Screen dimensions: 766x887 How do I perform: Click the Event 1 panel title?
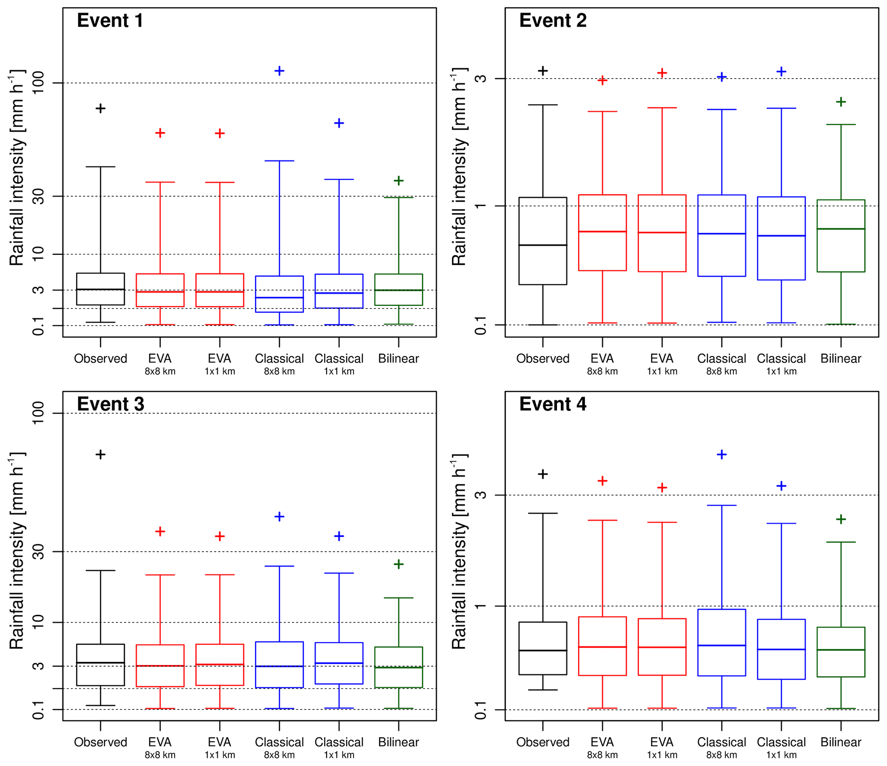[110, 21]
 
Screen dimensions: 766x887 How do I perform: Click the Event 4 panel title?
[552, 404]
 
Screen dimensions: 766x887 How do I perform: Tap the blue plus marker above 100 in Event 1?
[279, 71]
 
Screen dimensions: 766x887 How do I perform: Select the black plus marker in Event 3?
[100, 454]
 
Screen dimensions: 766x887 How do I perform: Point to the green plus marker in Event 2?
[841, 102]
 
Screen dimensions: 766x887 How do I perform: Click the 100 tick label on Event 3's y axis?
[38, 413]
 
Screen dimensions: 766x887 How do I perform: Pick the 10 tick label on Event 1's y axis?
[38, 254]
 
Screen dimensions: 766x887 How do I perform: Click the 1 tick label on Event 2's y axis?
[481, 206]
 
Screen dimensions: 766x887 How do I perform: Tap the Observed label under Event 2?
[542, 359]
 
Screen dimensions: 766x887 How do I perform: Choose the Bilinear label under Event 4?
[841, 742]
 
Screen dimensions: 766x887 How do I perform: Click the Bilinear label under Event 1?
[398, 359]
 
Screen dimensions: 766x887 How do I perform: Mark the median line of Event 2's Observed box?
[543, 245]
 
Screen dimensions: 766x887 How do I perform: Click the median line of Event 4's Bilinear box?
[841, 650]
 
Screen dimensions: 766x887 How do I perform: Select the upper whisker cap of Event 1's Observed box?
[100, 167]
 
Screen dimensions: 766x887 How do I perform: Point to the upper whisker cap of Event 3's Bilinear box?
[399, 598]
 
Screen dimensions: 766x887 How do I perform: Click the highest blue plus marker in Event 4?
[722, 454]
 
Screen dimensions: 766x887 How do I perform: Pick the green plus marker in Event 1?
[399, 181]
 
